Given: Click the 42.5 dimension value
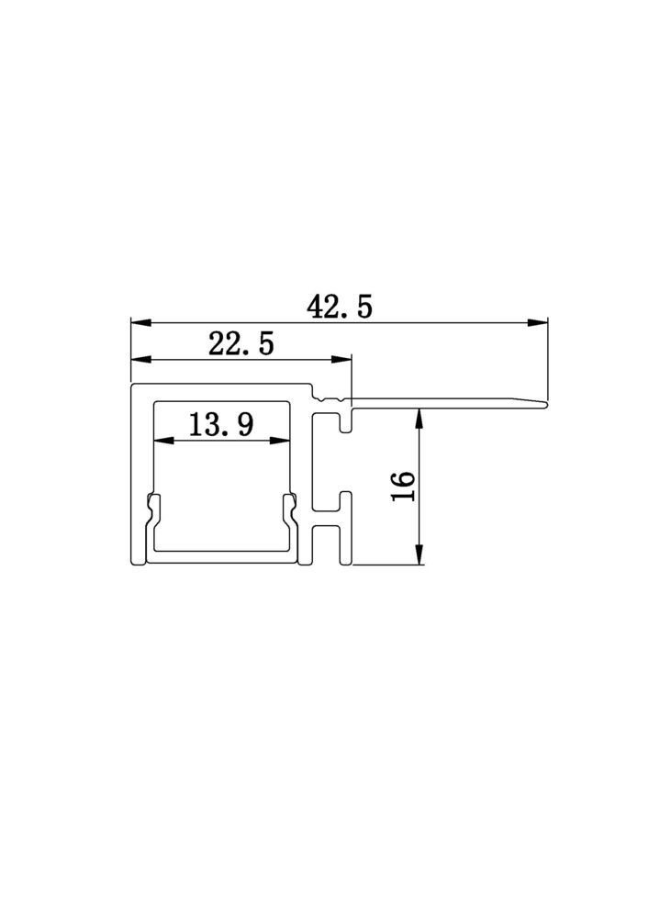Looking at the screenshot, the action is point(340,307).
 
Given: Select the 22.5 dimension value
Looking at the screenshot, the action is point(241,343).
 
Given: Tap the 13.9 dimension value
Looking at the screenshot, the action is point(221,424).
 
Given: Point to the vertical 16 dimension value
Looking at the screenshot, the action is point(404,486).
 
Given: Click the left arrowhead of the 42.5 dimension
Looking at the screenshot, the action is point(141,322).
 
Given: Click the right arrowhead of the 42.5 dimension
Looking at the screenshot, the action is point(537,322).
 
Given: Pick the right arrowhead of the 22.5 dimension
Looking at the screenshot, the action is point(341,359).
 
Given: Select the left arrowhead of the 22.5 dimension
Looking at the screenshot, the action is point(141,359).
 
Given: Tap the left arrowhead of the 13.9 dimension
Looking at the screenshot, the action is point(164,441).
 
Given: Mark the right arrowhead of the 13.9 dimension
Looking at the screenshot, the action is point(280,441).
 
